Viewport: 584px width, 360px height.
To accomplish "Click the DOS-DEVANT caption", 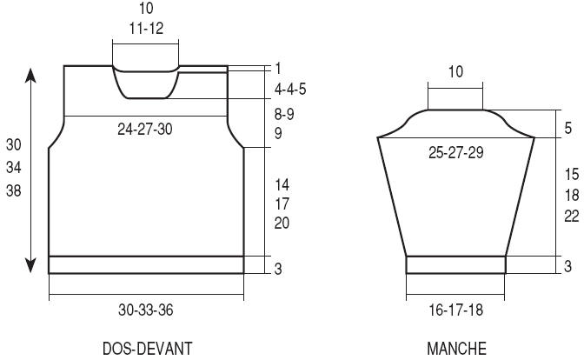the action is [x=147, y=349].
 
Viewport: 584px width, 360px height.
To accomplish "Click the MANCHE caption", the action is [x=456, y=349].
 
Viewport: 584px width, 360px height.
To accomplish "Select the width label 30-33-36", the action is [x=146, y=310].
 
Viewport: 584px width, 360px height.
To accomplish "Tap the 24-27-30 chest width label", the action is [x=145, y=129].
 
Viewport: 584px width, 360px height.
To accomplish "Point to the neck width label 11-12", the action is [x=146, y=29].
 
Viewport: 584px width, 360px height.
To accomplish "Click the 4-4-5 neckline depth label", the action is [x=290, y=89].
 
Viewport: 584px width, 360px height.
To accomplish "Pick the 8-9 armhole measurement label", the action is [x=284, y=114].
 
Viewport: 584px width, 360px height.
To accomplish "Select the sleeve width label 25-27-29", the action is [x=456, y=152].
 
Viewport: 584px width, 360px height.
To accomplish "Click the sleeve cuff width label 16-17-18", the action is [x=456, y=310].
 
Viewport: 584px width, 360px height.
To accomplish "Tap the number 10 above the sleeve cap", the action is [x=455, y=71].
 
